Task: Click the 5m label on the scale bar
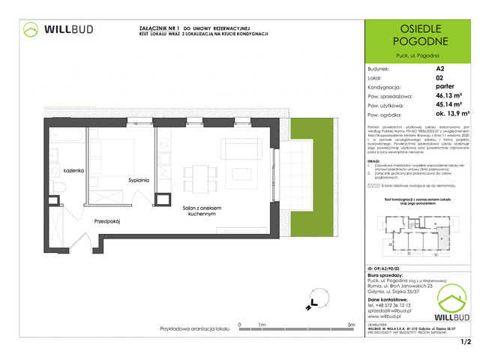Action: click(x=351, y=325)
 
